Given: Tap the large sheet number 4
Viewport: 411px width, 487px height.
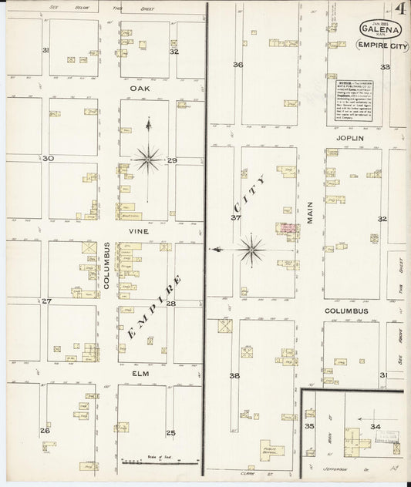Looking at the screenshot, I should (401, 11).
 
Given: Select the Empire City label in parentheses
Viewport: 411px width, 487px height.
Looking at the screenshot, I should (379, 45).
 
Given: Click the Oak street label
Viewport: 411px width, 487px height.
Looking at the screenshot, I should (138, 89).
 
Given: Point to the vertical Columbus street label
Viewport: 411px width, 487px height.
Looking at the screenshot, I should (106, 266).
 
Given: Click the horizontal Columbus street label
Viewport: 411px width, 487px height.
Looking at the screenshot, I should (346, 311).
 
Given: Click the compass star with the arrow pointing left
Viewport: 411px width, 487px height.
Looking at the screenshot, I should (251, 249).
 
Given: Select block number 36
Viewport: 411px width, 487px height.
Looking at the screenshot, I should (238, 65).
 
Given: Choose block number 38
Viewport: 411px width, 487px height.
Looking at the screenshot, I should (234, 376).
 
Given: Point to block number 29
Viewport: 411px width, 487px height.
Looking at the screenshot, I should (172, 160).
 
